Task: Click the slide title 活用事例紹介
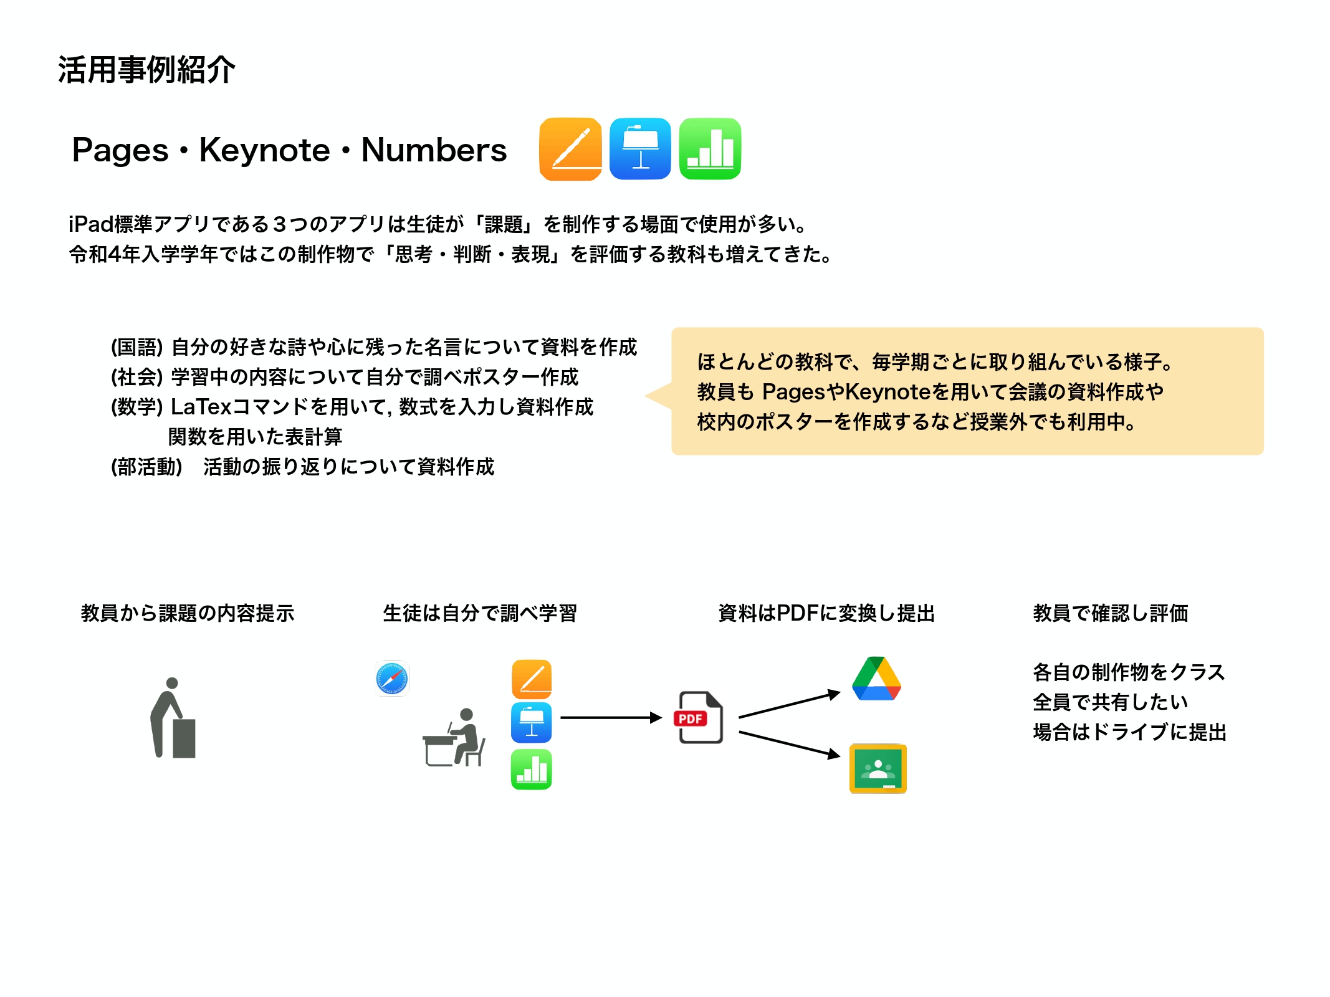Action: [146, 69]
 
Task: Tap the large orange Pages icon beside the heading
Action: [570, 149]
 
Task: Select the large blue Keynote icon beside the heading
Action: [640, 149]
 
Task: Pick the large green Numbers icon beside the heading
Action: [710, 149]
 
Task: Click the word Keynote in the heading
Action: [264, 150]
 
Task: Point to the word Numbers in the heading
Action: [434, 150]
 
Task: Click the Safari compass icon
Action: [392, 679]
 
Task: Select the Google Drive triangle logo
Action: [877, 679]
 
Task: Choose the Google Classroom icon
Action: [878, 768]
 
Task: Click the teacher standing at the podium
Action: [173, 718]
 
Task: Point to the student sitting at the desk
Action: [454, 737]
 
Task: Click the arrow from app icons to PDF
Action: [611, 718]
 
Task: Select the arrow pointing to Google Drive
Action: [790, 705]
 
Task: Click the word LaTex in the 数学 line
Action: [201, 407]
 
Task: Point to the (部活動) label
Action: [146, 467]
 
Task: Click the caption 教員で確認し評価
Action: [1111, 613]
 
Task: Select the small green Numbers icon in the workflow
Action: [532, 770]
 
